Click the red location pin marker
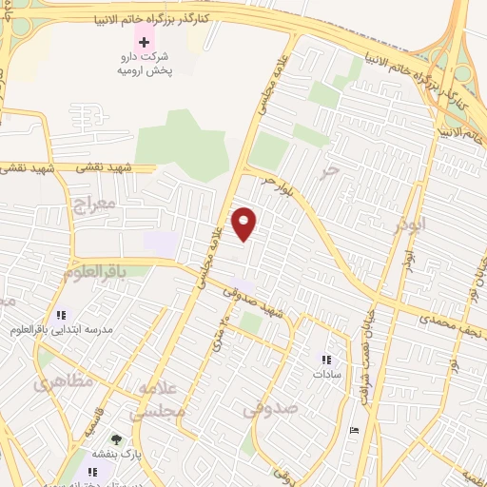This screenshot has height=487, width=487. pyautogui.click(x=245, y=224)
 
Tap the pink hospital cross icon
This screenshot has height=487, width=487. pyautogui.click(x=145, y=42)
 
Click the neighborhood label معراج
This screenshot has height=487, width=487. pyautogui.click(x=93, y=204)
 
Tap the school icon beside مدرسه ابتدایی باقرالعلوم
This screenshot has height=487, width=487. pyautogui.click(x=62, y=315)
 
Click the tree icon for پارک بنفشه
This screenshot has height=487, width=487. pyautogui.click(x=116, y=439)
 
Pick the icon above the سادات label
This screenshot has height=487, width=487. pyautogui.click(x=327, y=360)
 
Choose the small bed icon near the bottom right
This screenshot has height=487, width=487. pyautogui.click(x=355, y=431)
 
